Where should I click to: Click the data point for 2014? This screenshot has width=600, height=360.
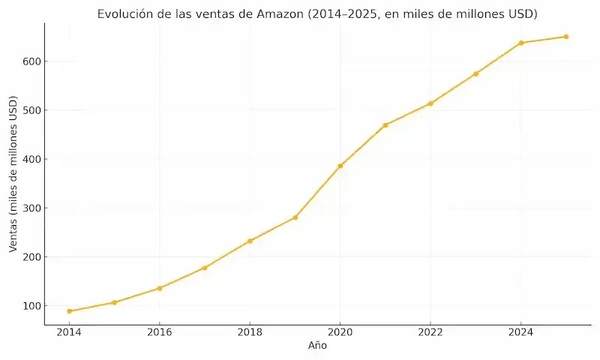pos(69,311)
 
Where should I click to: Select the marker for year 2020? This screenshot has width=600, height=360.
pos(340,166)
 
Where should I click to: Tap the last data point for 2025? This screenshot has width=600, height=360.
pos(566,37)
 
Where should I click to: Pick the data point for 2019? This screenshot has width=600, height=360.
pos(295,217)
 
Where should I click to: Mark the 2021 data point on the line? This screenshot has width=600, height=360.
pos(385,125)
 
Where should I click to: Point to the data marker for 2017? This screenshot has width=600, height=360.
pos(205,268)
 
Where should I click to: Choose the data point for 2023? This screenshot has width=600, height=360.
pos(475,73)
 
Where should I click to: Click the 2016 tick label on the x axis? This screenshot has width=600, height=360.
pos(159,332)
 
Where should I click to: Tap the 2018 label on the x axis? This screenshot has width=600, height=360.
pos(250,332)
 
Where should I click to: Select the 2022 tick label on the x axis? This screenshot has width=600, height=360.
pos(430,332)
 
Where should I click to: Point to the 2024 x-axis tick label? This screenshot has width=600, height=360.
pos(520,332)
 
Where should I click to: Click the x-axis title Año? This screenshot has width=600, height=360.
pos(317,346)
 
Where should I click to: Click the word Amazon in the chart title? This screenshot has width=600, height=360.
pos(280,14)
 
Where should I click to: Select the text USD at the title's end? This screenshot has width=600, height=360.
pos(522,14)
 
